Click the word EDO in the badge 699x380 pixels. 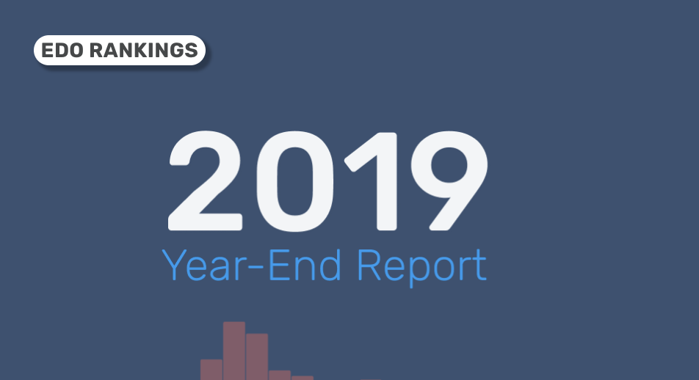[x=62, y=51]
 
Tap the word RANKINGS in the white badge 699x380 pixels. [x=144, y=51]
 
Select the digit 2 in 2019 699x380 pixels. [x=205, y=181]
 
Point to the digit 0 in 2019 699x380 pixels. [x=294, y=181]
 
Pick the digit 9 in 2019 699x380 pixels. [x=449, y=181]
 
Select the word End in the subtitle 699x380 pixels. [x=305, y=265]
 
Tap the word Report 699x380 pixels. [x=421, y=267]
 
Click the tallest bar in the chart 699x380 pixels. [x=234, y=351]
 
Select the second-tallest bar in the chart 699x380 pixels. [x=257, y=357]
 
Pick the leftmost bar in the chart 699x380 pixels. [x=211, y=370]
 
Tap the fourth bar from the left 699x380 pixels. [x=280, y=375]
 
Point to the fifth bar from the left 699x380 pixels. [x=303, y=378]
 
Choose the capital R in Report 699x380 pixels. [x=369, y=265]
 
